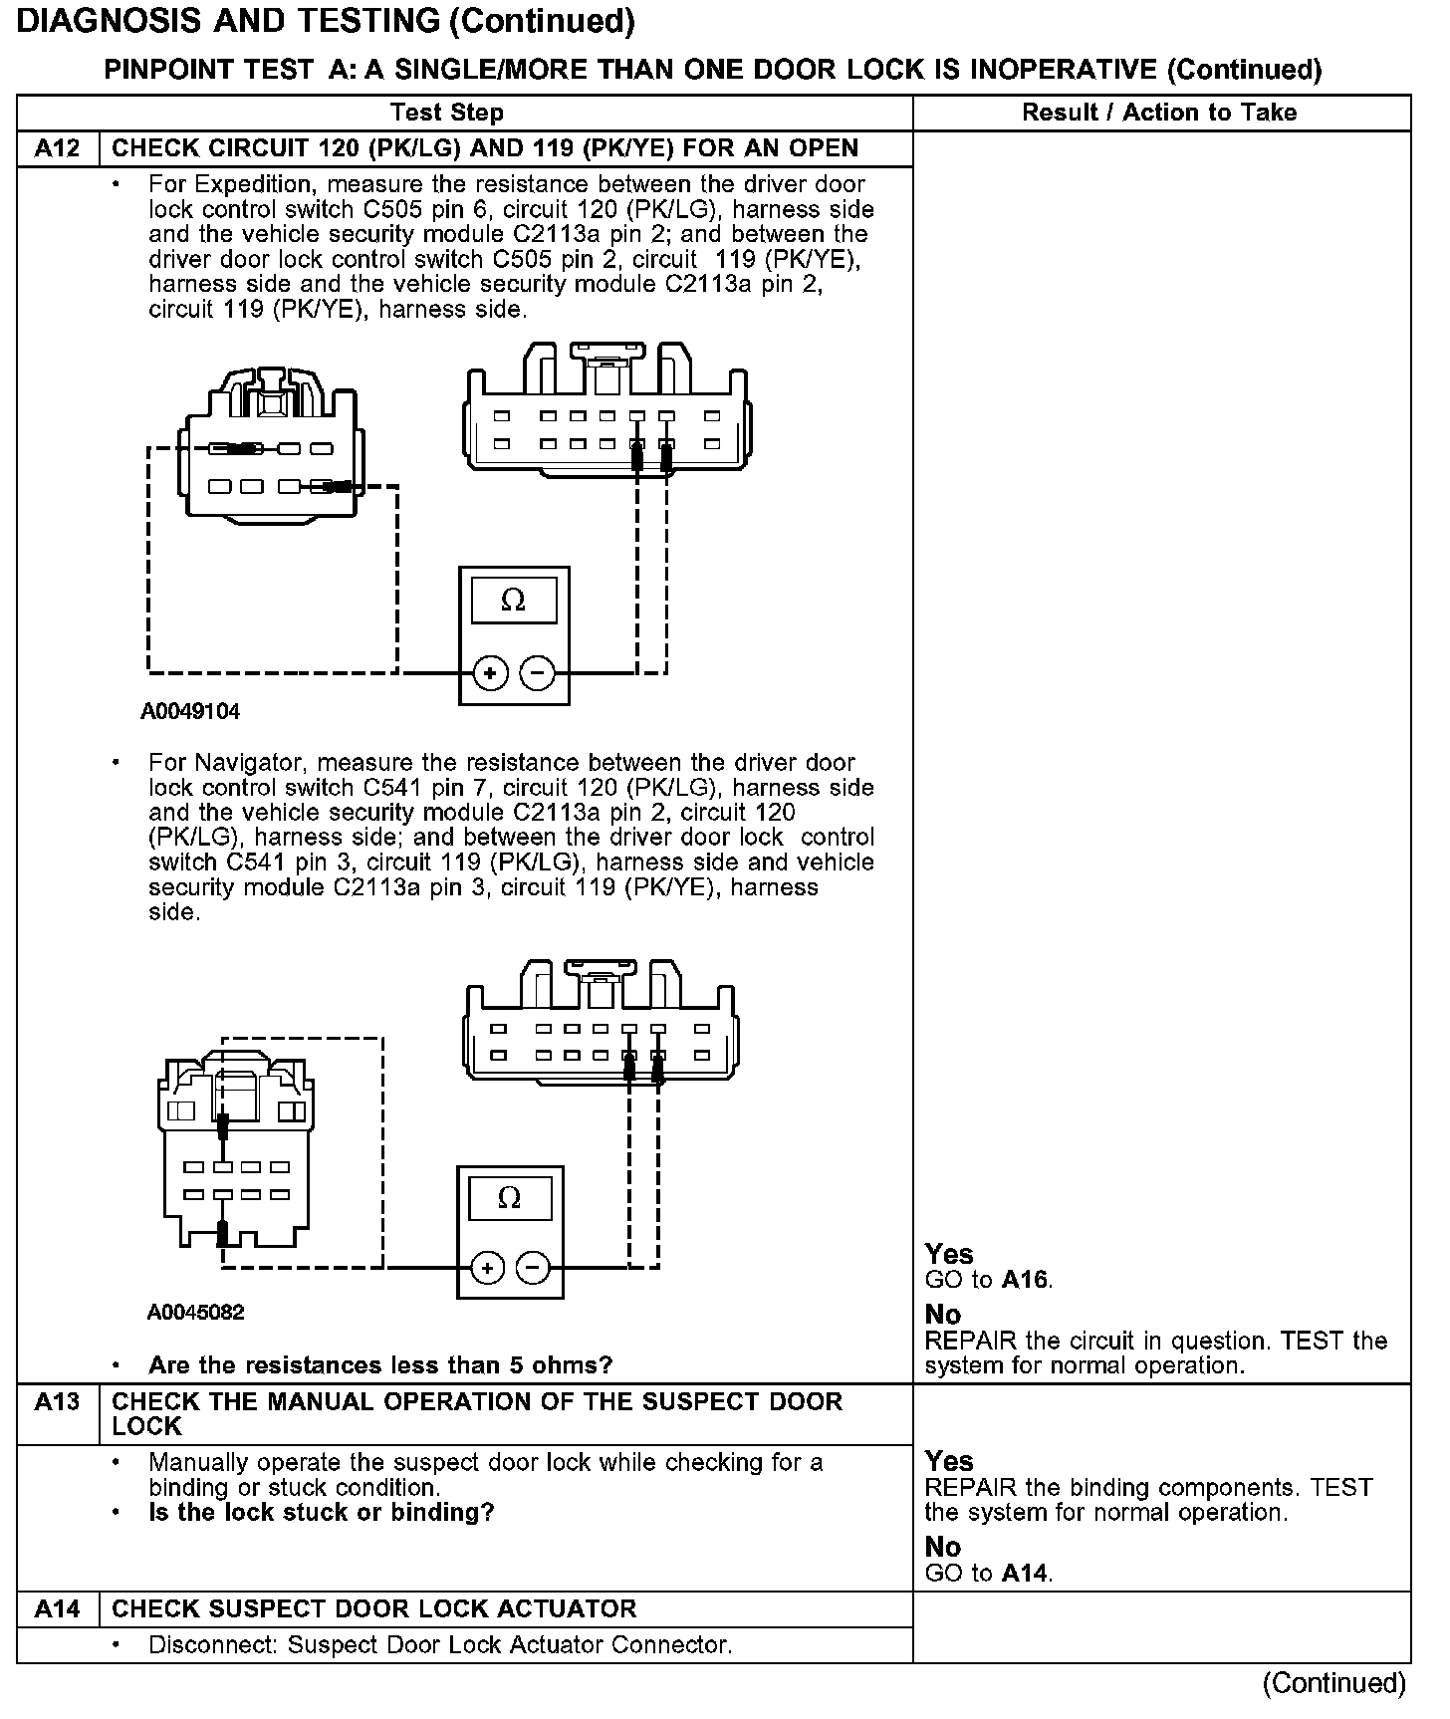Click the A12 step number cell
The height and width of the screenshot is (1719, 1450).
pos(57,148)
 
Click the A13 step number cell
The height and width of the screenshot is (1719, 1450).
pos(57,1402)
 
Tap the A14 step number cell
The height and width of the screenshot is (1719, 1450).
pos(57,1609)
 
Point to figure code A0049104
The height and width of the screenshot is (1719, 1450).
pos(190,712)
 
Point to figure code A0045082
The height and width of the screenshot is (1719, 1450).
pos(196,1313)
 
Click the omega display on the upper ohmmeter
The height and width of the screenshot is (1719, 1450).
pos(513,600)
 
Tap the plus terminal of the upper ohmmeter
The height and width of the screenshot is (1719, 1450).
pos(489,673)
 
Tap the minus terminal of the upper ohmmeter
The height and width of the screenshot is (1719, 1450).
pos(538,673)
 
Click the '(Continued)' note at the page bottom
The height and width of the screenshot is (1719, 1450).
pos(1333,1684)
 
